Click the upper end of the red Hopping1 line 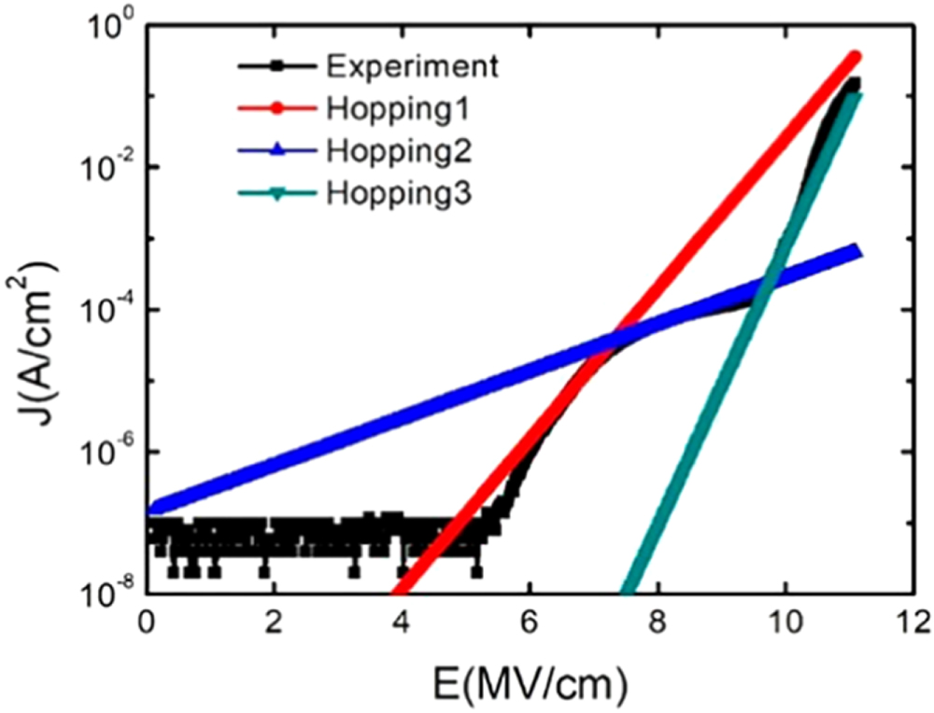click(x=855, y=57)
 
